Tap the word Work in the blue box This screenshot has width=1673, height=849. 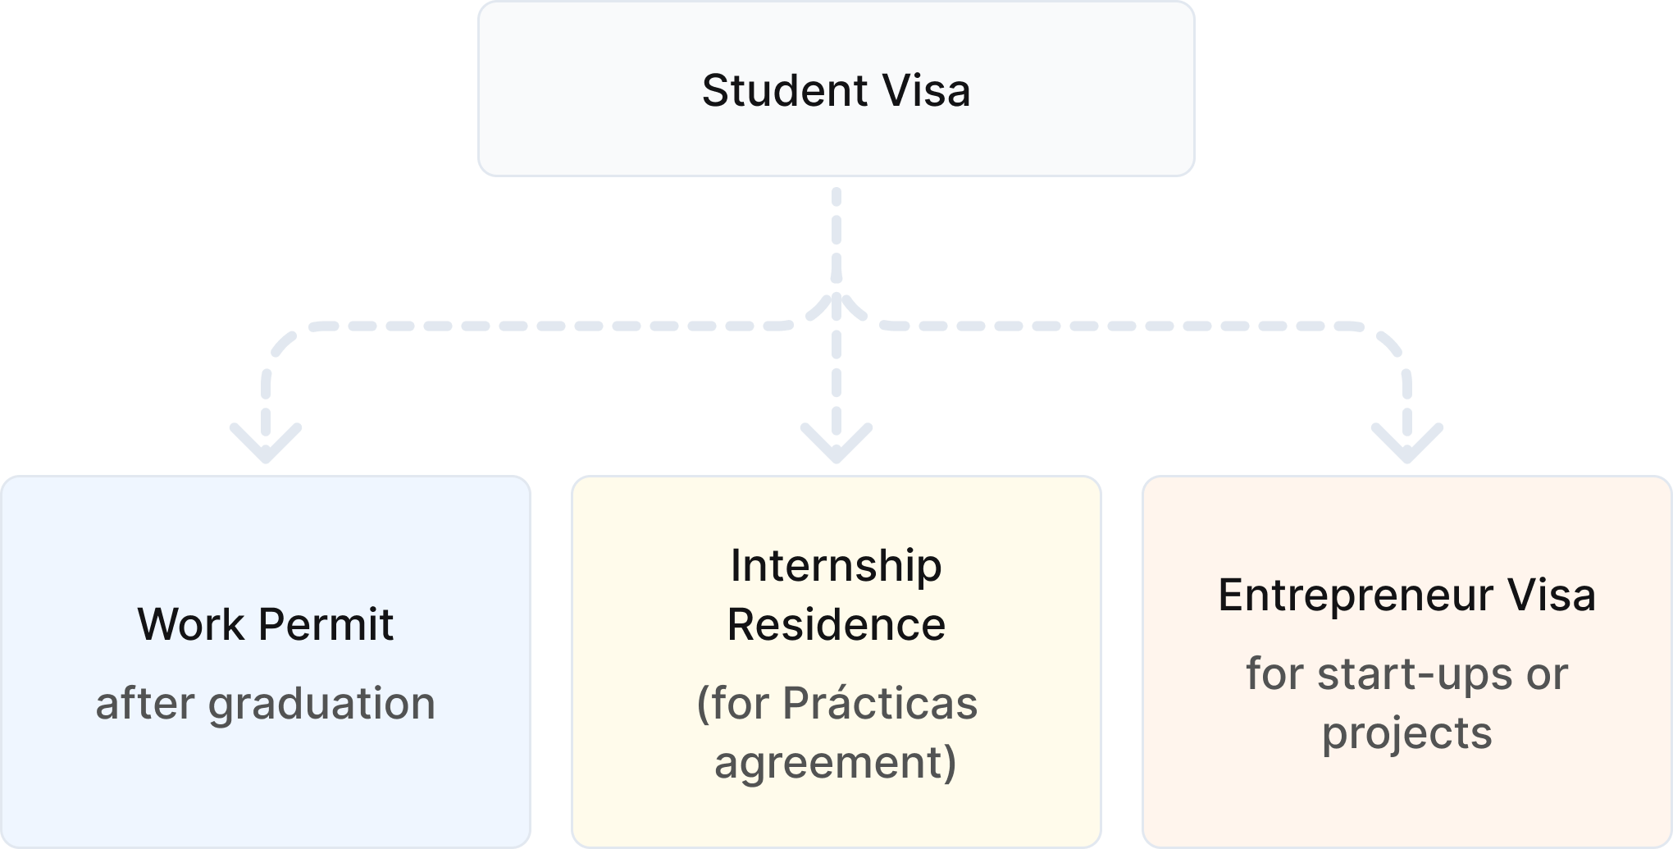tap(190, 624)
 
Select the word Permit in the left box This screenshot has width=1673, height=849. tap(326, 624)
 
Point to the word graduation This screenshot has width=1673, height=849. tap(321, 704)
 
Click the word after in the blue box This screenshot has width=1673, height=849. tap(144, 704)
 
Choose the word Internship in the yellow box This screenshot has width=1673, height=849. tap(836, 565)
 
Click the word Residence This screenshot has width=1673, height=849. tap(836, 624)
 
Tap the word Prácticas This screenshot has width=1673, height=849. tap(879, 704)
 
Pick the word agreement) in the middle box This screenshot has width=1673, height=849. tap(836, 762)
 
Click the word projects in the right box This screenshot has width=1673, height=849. tap(1406, 733)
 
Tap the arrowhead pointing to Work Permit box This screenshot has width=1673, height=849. tap(266, 445)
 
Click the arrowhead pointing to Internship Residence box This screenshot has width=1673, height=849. tap(836, 445)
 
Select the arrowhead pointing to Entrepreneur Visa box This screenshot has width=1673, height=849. tap(1407, 445)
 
